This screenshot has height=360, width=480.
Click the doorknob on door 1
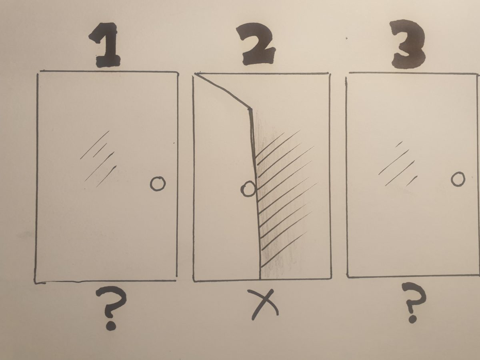158,184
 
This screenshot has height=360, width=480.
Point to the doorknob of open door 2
248,189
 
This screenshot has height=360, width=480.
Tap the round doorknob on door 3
458,179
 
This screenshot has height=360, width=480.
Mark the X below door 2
263,304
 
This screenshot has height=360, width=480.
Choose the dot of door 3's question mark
412,318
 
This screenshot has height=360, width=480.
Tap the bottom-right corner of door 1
176,280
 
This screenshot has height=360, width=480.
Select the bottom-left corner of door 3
347,276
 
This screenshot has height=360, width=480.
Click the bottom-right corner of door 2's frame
330,278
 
